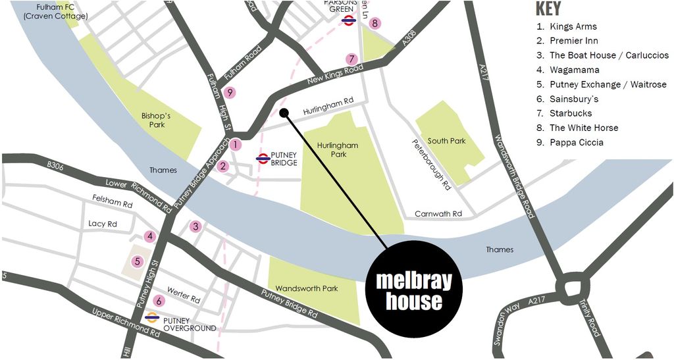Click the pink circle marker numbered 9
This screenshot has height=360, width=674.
click(230, 93)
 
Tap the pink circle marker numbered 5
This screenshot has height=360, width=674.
click(138, 261)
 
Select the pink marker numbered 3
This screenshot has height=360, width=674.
click(195, 227)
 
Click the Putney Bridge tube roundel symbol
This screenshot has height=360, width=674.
click(262, 159)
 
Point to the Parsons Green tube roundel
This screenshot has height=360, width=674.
click(349, 20)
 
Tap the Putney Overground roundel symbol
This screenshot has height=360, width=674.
click(152, 319)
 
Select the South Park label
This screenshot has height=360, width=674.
click(446, 141)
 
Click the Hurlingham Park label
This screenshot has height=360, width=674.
click(337, 149)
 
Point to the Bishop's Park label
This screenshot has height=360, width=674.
click(157, 120)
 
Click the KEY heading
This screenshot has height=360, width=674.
click(548, 9)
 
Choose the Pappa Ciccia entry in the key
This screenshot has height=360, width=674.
click(576, 142)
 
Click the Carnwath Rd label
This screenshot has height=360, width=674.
click(438, 214)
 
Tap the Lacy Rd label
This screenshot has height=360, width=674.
click(103, 224)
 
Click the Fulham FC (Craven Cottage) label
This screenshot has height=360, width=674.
click(55, 11)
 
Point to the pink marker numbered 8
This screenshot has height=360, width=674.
click(375, 24)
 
